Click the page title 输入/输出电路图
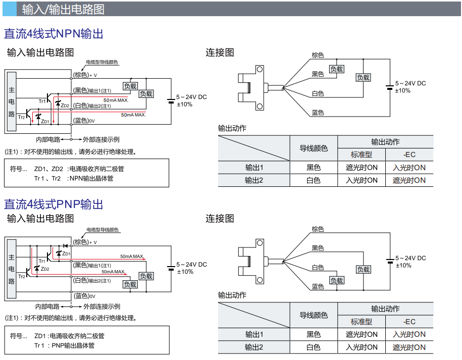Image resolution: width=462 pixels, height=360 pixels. point(63,9)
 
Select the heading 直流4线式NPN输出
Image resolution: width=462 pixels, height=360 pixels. point(54,34)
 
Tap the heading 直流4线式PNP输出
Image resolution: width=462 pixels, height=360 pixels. point(54,204)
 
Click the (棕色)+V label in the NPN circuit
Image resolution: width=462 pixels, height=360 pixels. point(85,75)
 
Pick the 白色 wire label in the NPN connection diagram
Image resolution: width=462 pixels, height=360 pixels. point(318,94)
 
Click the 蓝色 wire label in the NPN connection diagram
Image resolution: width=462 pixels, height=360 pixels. point(318,112)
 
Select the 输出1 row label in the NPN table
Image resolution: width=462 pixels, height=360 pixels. point(254,168)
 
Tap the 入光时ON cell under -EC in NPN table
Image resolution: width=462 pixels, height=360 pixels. point(409,168)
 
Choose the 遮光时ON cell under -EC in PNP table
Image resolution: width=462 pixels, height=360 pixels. point(409,347)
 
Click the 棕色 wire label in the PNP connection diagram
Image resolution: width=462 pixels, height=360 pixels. point(318,229)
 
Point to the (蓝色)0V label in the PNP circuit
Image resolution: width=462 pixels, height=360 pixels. point(84,296)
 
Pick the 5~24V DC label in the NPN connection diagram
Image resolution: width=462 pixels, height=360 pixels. point(410,83)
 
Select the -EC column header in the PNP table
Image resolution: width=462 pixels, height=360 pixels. point(409,322)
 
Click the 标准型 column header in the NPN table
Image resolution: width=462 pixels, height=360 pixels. point(362,155)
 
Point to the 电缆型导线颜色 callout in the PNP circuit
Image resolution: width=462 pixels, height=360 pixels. point(102,230)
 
